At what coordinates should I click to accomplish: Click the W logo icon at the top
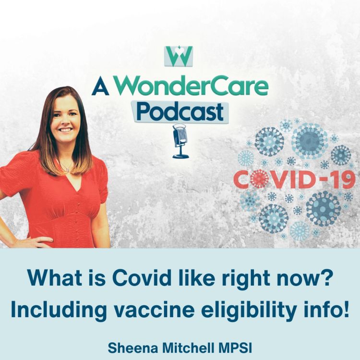pyautogui.click(x=179, y=56)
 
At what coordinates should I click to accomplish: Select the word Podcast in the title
pyautogui.click(x=180, y=111)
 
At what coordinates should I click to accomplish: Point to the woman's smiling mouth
pyautogui.click(x=66, y=130)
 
